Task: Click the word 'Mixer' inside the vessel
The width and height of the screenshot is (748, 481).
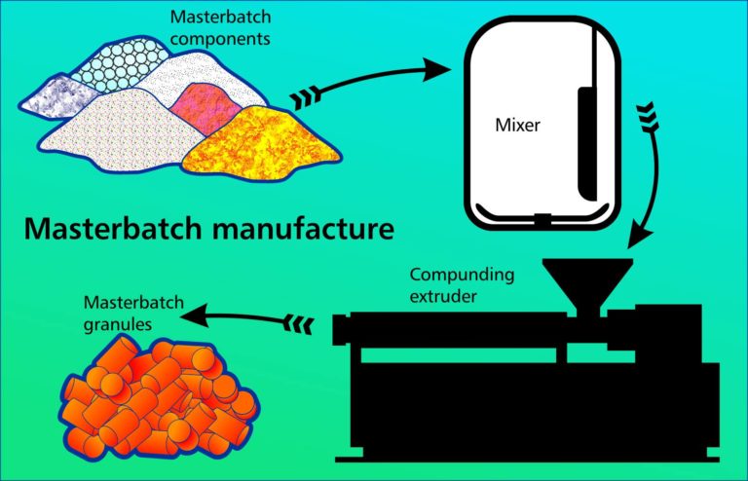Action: (x=518, y=126)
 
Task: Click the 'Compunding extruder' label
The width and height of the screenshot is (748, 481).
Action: (x=451, y=283)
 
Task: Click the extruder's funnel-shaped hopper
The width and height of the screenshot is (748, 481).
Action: (x=585, y=281)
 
